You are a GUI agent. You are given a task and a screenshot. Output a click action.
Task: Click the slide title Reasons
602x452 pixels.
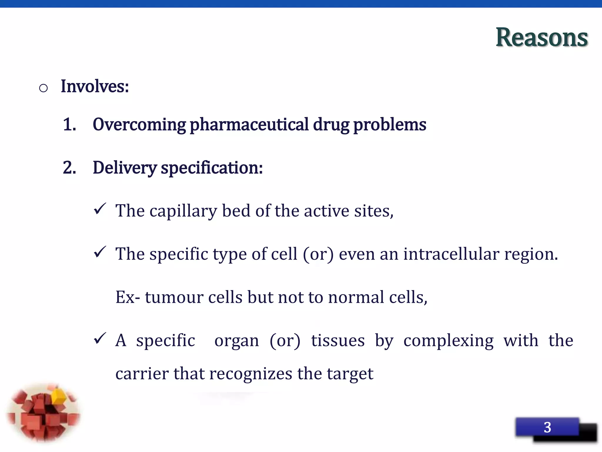pyautogui.click(x=541, y=37)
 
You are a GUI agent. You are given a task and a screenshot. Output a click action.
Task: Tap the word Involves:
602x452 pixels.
pyautogui.click(x=95, y=87)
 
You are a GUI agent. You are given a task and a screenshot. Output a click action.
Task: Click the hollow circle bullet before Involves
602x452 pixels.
pyautogui.click(x=43, y=88)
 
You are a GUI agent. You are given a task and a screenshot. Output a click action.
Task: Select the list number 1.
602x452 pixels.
pyautogui.click(x=69, y=124)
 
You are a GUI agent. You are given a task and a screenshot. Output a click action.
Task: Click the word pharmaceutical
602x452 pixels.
pyautogui.click(x=249, y=125)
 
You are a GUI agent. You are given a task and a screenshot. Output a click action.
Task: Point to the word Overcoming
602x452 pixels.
pyautogui.click(x=139, y=125)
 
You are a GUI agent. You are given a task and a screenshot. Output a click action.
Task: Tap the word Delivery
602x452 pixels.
pyautogui.click(x=124, y=168)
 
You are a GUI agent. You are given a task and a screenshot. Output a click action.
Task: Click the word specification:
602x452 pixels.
pyautogui.click(x=212, y=168)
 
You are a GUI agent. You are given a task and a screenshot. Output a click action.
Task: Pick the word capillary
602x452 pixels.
pyautogui.click(x=183, y=211)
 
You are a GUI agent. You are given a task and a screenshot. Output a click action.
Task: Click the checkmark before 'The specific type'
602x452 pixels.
pyautogui.click(x=100, y=252)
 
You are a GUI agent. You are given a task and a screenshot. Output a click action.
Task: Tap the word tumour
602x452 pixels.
pyautogui.click(x=174, y=297)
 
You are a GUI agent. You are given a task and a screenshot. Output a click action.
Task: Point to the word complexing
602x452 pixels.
pyautogui.click(x=448, y=341)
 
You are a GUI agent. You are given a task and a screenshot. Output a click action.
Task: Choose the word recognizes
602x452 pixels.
pyautogui.click(x=250, y=374)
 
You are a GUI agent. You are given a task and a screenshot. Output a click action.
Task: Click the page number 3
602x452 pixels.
pyautogui.click(x=547, y=427)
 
